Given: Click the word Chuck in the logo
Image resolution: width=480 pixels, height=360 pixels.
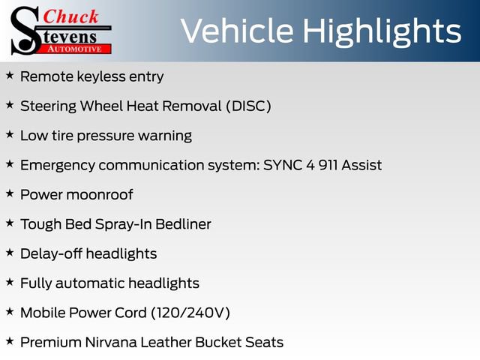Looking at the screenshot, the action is (70, 16).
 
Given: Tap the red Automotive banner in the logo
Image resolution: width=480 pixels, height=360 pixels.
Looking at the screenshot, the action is (74, 49).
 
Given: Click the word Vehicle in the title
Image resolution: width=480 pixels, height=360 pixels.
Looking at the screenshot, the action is (237, 31).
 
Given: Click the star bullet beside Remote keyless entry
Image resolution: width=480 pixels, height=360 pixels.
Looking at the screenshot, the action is (10, 75).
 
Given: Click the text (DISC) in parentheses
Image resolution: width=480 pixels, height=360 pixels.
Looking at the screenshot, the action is (248, 106).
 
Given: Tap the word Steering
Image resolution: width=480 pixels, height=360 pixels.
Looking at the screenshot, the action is (48, 106).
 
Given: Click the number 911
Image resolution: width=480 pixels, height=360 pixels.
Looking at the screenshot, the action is (328, 165).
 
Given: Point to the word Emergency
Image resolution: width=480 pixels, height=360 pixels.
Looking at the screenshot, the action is (58, 166).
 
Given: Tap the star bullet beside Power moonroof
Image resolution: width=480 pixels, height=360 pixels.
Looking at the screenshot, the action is (10, 193).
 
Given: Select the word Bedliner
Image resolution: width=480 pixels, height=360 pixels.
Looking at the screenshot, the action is (183, 224).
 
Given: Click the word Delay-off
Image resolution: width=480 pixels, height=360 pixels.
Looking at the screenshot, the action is (51, 253).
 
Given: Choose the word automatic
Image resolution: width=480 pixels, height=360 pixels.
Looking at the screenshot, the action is (90, 283).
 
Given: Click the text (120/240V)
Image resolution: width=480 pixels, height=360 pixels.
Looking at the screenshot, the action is (190, 313).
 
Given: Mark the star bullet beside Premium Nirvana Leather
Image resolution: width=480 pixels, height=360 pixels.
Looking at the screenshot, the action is (10, 341).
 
